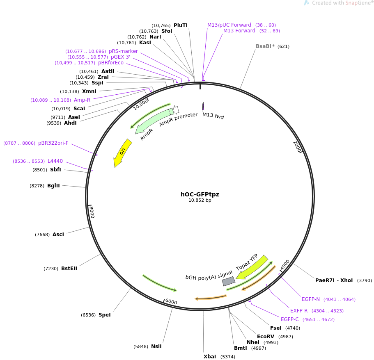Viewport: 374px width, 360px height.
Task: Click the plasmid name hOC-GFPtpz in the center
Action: click(200, 194)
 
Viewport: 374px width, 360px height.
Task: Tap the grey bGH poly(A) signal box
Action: click(228, 281)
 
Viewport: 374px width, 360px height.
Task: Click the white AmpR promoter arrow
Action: click(176, 109)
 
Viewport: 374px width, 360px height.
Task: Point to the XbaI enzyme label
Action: click(209, 357)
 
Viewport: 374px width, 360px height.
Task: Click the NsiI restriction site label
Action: click(156, 346)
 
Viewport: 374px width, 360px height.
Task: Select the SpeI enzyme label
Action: click(104, 315)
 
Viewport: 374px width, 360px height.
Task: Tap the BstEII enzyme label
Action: click(69, 269)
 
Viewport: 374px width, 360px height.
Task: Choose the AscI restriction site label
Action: click(58, 235)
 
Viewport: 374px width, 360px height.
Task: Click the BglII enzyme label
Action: click(53, 186)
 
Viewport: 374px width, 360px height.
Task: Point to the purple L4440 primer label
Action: click(55, 161)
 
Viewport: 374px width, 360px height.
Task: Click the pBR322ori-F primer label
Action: click(53, 143)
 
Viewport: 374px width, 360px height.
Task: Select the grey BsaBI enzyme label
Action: click(264, 46)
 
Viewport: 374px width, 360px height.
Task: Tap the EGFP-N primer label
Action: click(311, 299)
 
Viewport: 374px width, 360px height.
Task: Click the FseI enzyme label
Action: click(276, 328)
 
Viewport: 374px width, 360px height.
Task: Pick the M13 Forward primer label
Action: click(239, 31)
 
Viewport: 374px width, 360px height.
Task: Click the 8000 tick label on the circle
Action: click(92, 212)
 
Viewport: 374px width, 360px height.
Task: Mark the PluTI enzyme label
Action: click(180, 25)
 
